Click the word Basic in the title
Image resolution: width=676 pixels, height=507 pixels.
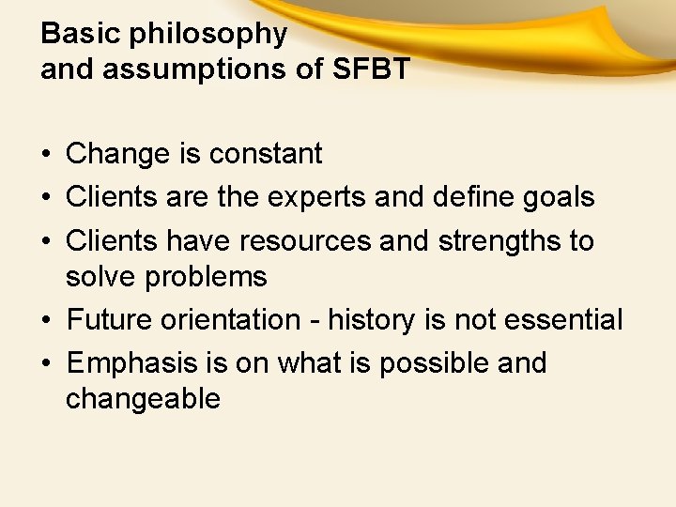[x=82, y=34]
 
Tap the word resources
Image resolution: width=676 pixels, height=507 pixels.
[x=305, y=241]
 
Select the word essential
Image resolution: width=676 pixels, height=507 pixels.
[x=564, y=320]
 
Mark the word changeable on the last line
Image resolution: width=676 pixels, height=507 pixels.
[x=143, y=399]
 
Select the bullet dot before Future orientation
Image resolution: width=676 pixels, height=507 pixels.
[x=46, y=321]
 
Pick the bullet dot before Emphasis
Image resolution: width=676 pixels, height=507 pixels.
[x=46, y=364]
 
